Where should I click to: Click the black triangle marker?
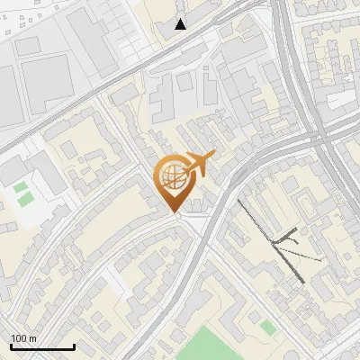coord(182,23)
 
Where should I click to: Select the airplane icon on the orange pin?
coord(199,164)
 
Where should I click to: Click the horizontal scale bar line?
coord(42,346)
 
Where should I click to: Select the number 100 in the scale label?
coord(19,338)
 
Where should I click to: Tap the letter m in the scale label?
coord(32,338)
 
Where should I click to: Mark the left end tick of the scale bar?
coord(11,346)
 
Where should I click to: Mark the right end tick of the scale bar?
coord(74,346)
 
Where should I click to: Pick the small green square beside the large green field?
coord(266,325)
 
